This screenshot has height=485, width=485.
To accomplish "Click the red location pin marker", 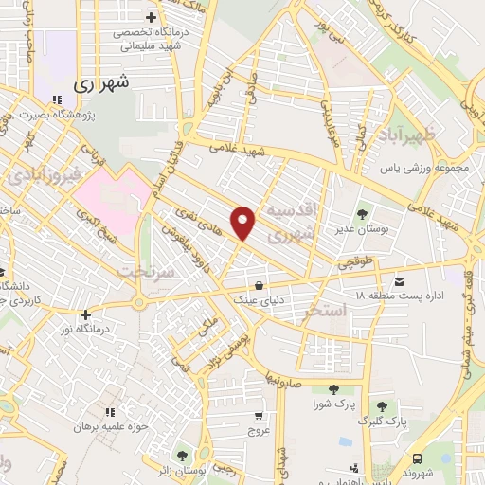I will tap(244, 222).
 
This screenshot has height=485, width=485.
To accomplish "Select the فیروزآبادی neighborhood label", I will tap(39, 176).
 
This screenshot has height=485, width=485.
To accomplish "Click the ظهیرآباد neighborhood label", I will tap(413, 135).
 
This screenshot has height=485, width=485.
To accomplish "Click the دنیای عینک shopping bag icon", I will tap(259, 283).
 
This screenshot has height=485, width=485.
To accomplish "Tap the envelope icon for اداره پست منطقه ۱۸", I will tap(398, 280).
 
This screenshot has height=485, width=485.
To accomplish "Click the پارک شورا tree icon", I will tap(332, 388).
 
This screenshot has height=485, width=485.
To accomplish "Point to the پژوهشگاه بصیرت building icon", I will tap(57, 98).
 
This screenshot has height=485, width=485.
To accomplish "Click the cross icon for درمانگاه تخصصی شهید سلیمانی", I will tap(151, 17).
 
